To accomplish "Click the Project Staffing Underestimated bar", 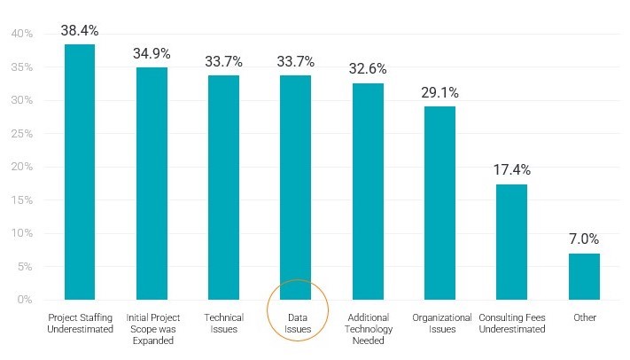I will click(80, 172).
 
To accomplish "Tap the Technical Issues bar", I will click(223, 187).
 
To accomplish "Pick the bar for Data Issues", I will click(296, 187).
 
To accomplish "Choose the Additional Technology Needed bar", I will click(368, 191).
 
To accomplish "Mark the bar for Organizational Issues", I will click(439, 203).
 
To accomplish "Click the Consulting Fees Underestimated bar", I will click(511, 242).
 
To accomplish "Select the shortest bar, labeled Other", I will click(584, 277).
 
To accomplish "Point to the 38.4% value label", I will click(80, 31).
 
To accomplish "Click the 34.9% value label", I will click(152, 54).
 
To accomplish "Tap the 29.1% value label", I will click(439, 92).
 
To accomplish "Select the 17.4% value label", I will click(511, 170).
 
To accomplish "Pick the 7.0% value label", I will click(584, 239).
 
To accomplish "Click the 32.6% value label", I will click(368, 69).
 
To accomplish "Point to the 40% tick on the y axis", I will click(21, 34).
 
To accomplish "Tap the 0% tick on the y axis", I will click(24, 300).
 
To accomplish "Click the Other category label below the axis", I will click(585, 317).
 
